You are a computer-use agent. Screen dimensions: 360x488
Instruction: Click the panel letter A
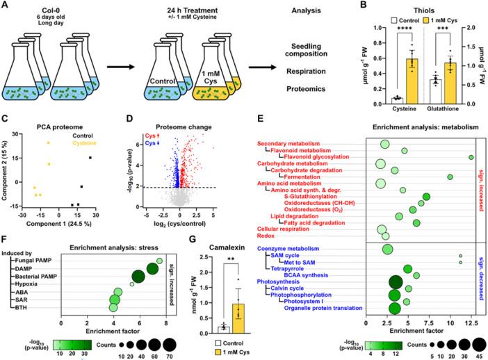6,6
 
